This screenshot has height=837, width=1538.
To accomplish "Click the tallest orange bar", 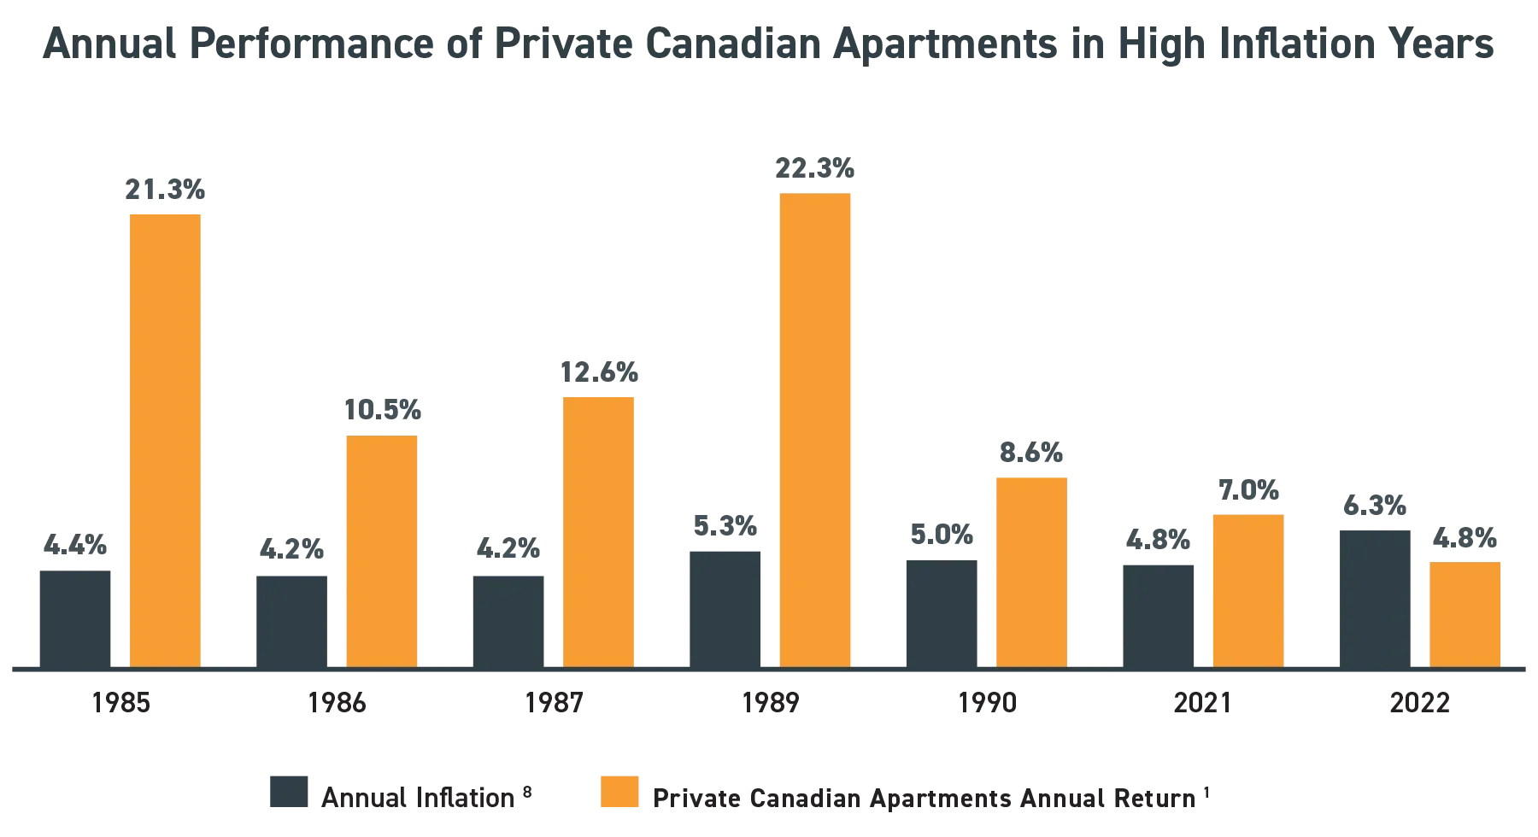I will coord(816,427).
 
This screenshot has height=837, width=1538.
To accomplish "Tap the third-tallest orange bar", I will coord(598,530).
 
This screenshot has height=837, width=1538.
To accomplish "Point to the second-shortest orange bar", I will coord(1247,589).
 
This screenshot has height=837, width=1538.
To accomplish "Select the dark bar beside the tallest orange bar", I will coord(726,606).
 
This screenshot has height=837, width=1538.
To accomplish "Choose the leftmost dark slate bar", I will coord(75,615).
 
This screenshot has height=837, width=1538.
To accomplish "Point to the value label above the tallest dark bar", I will coord(1376,506).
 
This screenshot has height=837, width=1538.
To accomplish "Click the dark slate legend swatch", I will coord(289,793).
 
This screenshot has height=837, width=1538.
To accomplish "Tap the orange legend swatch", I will coord(617,793).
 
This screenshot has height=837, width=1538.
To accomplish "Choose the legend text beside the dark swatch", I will coord(419,798).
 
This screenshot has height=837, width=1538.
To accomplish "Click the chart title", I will coord(769,48).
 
